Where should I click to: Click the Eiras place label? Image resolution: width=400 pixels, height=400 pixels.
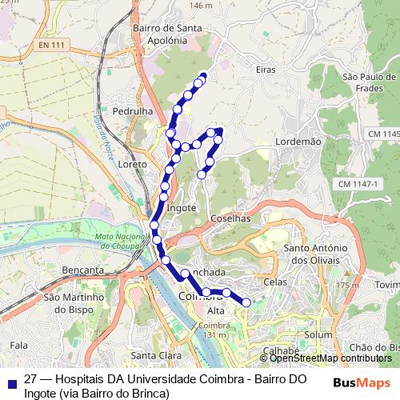pos(266,70)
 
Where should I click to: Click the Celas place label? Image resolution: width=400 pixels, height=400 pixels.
pos(274,282)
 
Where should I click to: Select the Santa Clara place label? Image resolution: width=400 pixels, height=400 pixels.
pos(154,355)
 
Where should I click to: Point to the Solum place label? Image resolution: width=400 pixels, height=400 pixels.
pos(318,334)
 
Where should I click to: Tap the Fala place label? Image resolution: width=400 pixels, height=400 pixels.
pos(19,345)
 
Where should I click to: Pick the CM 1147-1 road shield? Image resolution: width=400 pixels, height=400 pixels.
pos(356,185)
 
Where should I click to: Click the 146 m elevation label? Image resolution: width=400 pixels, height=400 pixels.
pos(201,6)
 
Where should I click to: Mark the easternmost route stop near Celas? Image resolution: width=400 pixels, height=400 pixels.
pos(246,302)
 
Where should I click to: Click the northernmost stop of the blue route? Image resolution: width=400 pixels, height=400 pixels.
pos(202,77)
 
